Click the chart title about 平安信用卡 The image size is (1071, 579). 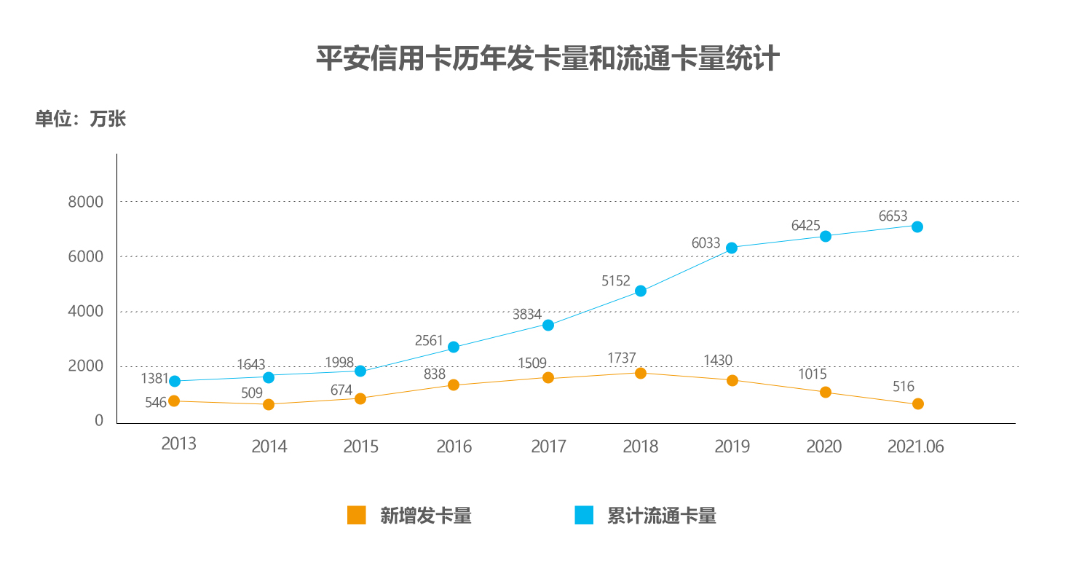point(548,59)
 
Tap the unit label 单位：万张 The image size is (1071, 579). point(81,119)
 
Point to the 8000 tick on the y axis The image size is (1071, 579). point(85,202)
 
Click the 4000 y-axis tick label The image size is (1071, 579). point(85,312)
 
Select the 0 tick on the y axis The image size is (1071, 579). point(99,421)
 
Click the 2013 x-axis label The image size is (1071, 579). point(178,444)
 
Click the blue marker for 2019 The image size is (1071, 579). point(732,248)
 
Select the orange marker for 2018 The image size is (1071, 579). point(641,373)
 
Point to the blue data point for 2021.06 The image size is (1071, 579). point(917,227)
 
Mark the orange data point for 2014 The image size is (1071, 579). point(269,404)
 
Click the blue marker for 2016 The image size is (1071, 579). point(454,347)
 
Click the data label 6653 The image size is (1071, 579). point(893,216)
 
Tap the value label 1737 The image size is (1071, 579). point(622,358)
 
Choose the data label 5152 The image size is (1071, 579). point(616,280)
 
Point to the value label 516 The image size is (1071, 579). point(904,387)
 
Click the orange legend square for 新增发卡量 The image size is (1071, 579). point(356,516)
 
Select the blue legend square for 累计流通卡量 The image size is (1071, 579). point(584,516)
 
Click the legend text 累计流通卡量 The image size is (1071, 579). point(661,516)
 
